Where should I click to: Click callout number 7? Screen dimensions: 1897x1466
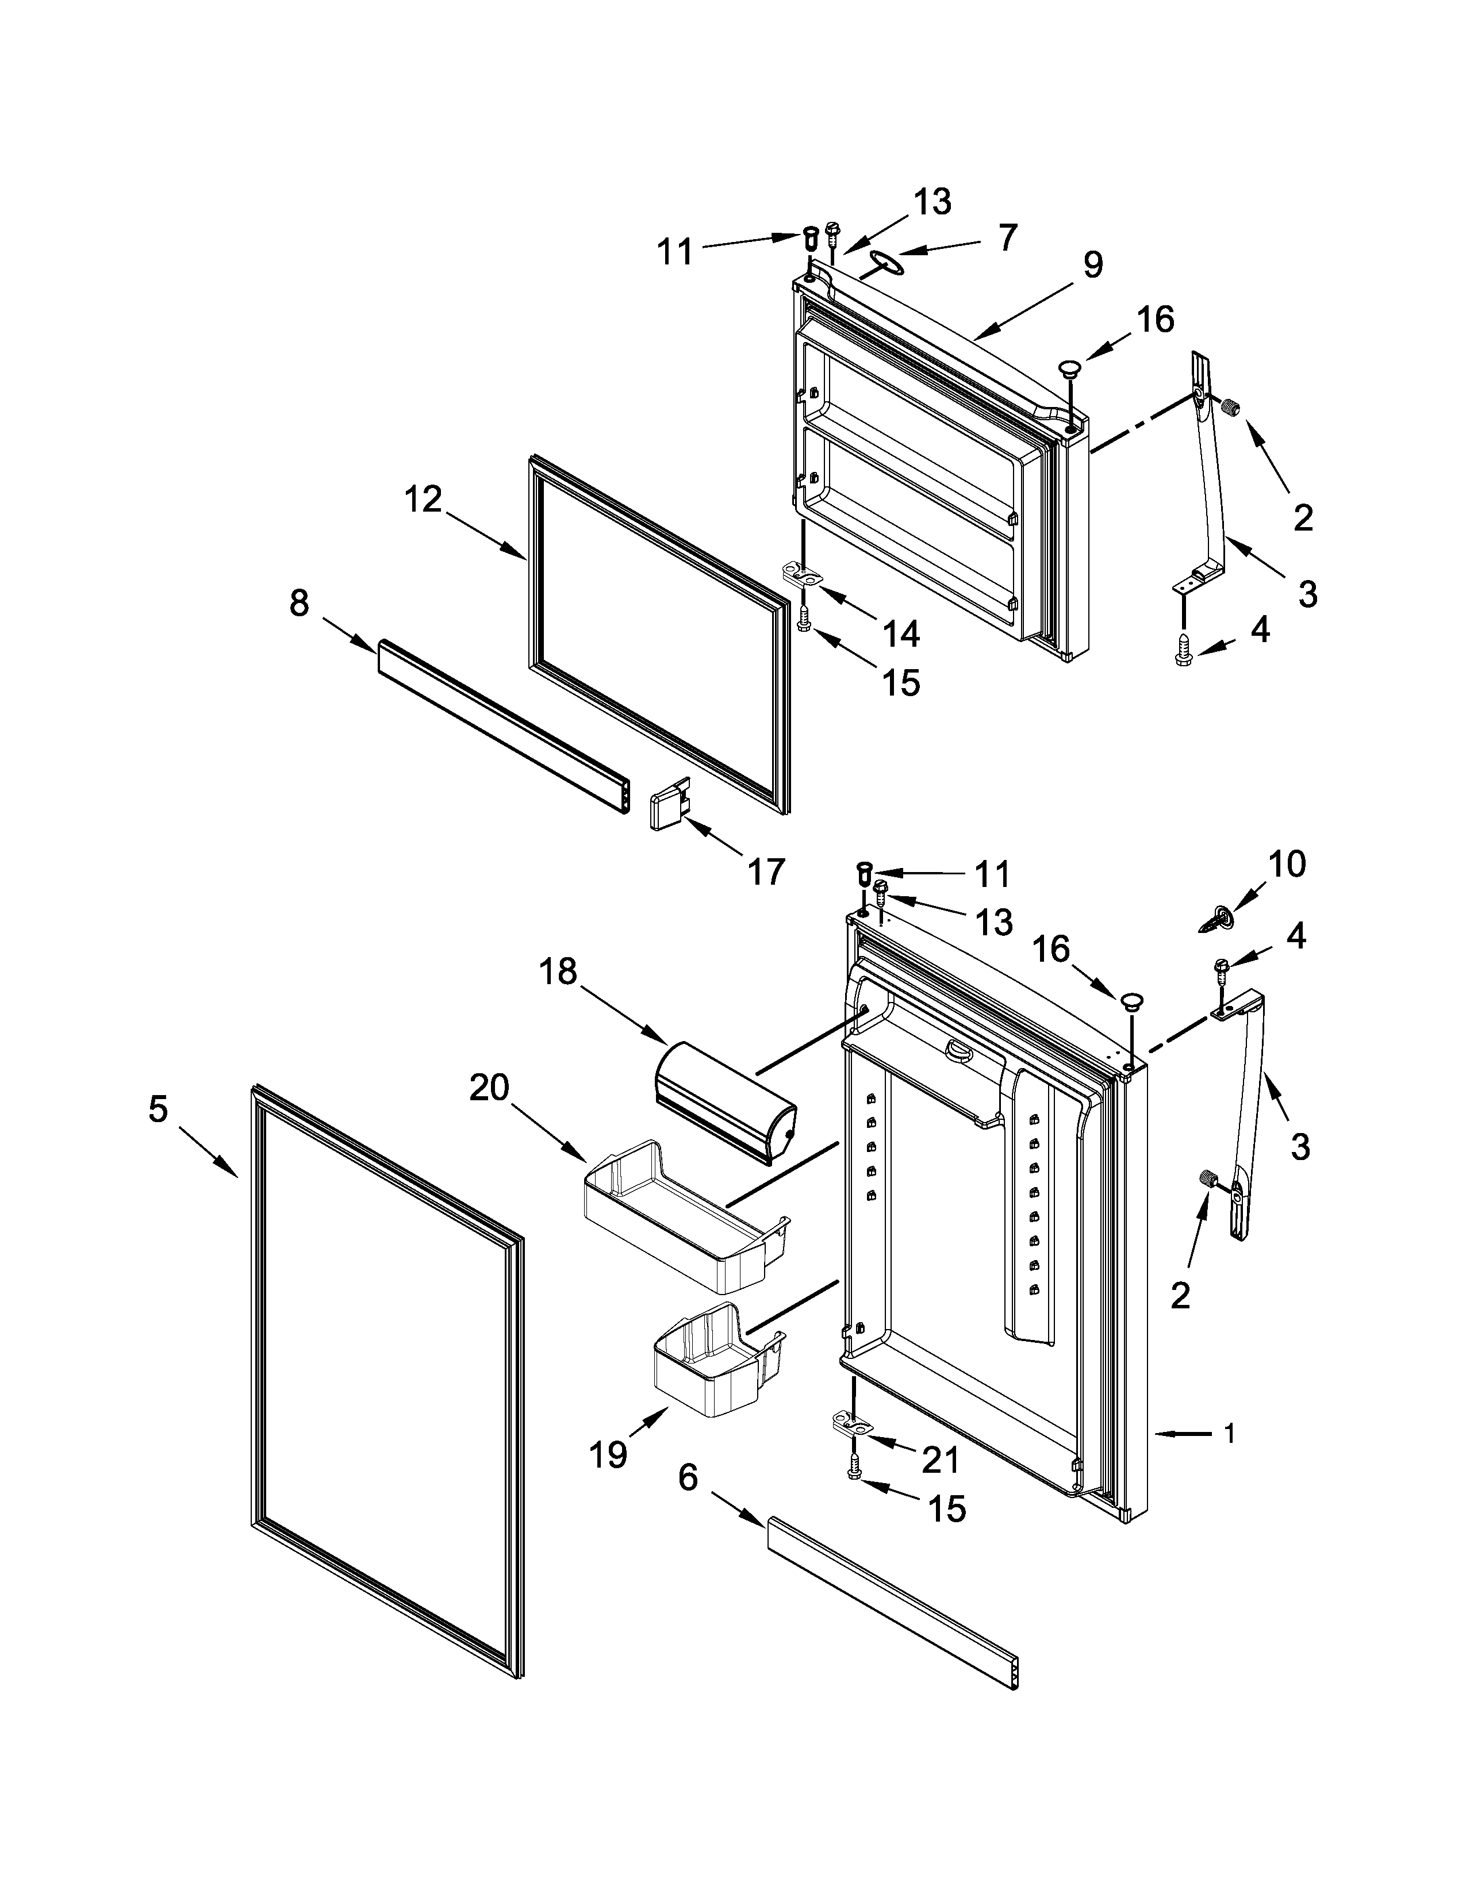coord(1007,237)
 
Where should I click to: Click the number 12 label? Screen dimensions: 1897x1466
coord(423,500)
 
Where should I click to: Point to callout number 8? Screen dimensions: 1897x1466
coord(299,603)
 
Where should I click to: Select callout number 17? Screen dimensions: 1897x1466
coord(766,871)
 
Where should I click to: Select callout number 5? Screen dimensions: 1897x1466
coord(157,1109)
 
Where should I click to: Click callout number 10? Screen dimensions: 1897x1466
coord(1286,864)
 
